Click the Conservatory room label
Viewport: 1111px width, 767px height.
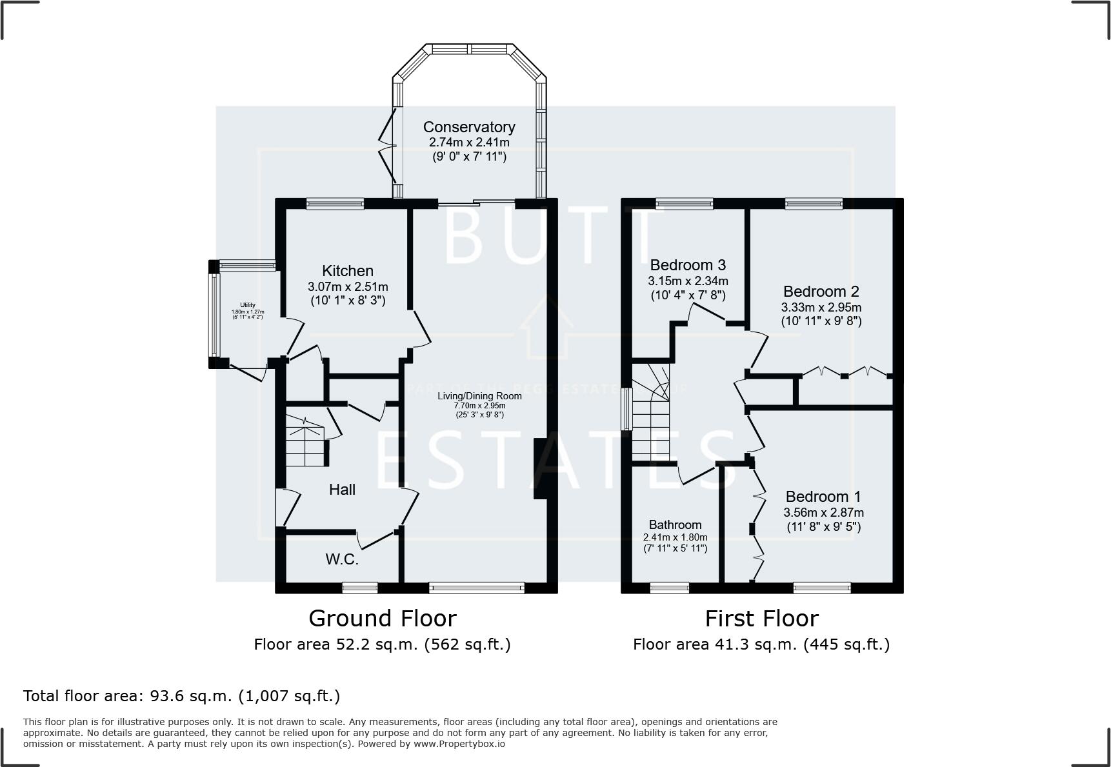click(468, 127)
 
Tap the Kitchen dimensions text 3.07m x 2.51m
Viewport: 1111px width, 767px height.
click(348, 286)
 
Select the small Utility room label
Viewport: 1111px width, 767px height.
click(248, 305)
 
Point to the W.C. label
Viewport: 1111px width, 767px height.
click(342, 559)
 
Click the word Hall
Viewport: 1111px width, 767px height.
click(342, 490)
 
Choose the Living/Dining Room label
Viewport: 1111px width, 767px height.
click(479, 396)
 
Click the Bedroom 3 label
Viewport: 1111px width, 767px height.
click(688, 265)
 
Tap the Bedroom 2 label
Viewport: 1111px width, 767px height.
click(821, 292)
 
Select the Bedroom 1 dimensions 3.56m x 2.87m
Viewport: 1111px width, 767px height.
click(823, 513)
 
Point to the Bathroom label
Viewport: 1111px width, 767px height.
click(675, 524)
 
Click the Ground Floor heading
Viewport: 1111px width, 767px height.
click(383, 619)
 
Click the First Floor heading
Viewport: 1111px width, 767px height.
click(761, 619)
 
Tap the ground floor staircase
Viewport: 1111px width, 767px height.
click(306, 442)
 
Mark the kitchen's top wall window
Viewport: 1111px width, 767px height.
click(335, 204)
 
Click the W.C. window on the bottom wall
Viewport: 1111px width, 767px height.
click(359, 587)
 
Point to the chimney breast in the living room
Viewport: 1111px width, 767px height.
click(541, 469)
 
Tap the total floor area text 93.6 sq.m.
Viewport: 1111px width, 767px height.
click(181, 696)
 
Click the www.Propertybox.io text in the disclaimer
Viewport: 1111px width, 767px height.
click(459, 744)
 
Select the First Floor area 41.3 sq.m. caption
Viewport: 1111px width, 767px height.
click(761, 644)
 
